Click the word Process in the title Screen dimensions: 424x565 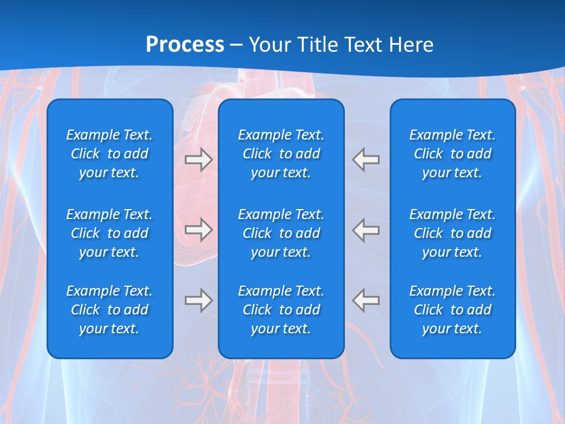click(185, 45)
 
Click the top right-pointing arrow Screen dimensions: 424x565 click(198, 160)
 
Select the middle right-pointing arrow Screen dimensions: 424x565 click(198, 229)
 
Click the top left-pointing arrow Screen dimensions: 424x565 click(366, 160)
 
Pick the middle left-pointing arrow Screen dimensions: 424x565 click(366, 229)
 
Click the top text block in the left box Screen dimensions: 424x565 click(109, 154)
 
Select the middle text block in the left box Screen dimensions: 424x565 click(109, 233)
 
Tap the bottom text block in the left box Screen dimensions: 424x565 click(109, 310)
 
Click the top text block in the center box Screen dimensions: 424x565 click(281, 154)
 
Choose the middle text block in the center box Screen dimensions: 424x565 click(281, 233)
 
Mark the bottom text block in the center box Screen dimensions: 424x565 click(281, 310)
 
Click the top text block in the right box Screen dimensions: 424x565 click(452, 154)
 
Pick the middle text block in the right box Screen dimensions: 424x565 click(452, 233)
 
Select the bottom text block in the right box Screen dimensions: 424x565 click(452, 310)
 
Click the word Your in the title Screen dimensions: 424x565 click(270, 45)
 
